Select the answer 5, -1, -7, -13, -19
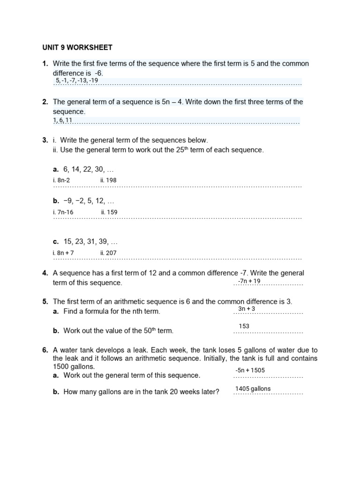click(x=77, y=81)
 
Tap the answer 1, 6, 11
click(x=63, y=120)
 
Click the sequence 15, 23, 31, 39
click(x=90, y=242)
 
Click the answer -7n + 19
click(x=249, y=281)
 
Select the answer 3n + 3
click(x=247, y=309)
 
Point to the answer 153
click(x=244, y=326)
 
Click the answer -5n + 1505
click(x=250, y=370)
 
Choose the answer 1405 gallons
click(x=253, y=389)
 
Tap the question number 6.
click(x=45, y=350)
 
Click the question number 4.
click(x=45, y=273)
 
